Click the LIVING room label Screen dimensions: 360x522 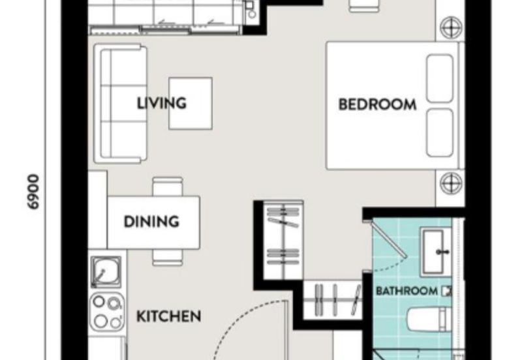(162, 103)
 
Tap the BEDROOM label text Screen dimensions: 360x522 (377, 104)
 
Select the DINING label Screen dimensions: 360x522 (151, 222)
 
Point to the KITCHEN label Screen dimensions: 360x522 (168, 317)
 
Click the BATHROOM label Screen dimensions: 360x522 (407, 291)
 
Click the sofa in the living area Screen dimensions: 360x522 (121, 103)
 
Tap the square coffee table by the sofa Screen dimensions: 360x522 (191, 103)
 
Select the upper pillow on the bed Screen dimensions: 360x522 (440, 78)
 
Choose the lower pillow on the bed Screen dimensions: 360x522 (440, 131)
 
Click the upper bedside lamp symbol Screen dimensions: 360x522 (450, 27)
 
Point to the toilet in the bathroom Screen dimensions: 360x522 (427, 320)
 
